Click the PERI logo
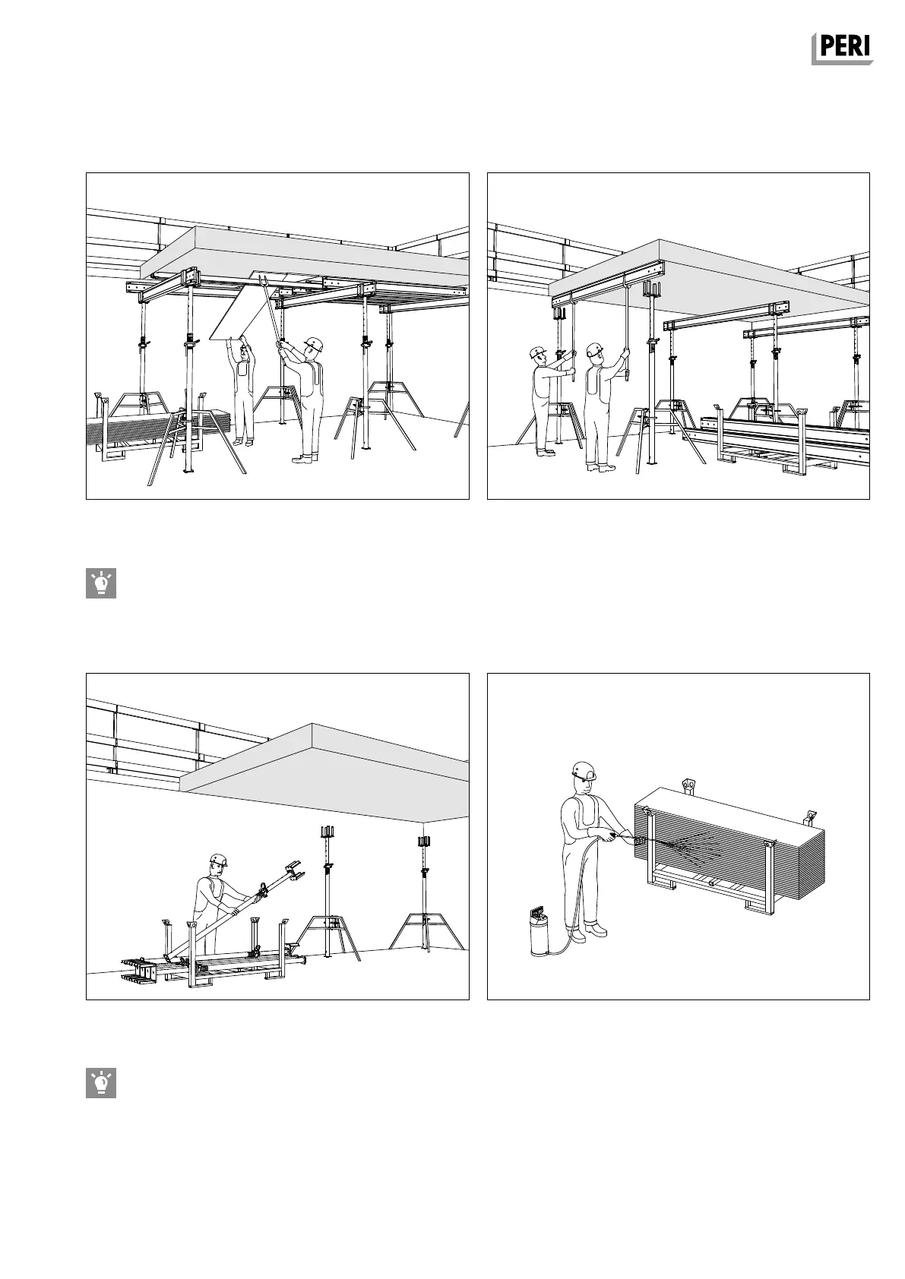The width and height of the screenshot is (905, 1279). tap(842, 49)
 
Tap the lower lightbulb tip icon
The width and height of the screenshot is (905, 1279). tap(100, 1083)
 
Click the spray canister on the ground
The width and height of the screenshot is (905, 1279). tap(540, 935)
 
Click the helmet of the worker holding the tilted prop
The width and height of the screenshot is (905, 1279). tap(219, 860)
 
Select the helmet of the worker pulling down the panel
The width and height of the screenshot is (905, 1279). tap(312, 344)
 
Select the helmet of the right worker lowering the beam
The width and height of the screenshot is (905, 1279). tap(593, 349)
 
